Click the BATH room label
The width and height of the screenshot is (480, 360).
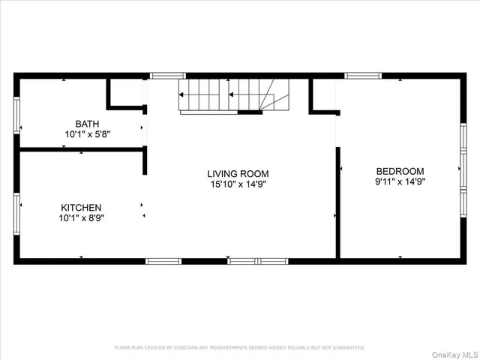click(x=87, y=124)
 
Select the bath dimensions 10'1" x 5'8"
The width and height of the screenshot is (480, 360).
click(x=87, y=134)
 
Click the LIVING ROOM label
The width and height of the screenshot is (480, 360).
click(x=238, y=174)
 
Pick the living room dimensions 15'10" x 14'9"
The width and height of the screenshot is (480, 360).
click(x=238, y=184)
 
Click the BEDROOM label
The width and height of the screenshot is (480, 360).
click(x=400, y=171)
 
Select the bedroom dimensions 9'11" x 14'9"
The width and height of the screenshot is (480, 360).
click(x=400, y=181)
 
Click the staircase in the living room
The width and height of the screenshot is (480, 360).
click(x=232, y=96)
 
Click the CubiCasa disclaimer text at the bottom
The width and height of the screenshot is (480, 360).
click(x=239, y=347)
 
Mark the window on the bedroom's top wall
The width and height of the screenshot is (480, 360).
click(x=363, y=76)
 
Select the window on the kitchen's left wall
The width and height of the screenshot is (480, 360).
click(x=16, y=214)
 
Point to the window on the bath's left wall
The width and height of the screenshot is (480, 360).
click(x=16, y=115)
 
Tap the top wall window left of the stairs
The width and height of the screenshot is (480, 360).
click(x=167, y=76)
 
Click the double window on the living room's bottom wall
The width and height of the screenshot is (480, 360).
click(x=257, y=261)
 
